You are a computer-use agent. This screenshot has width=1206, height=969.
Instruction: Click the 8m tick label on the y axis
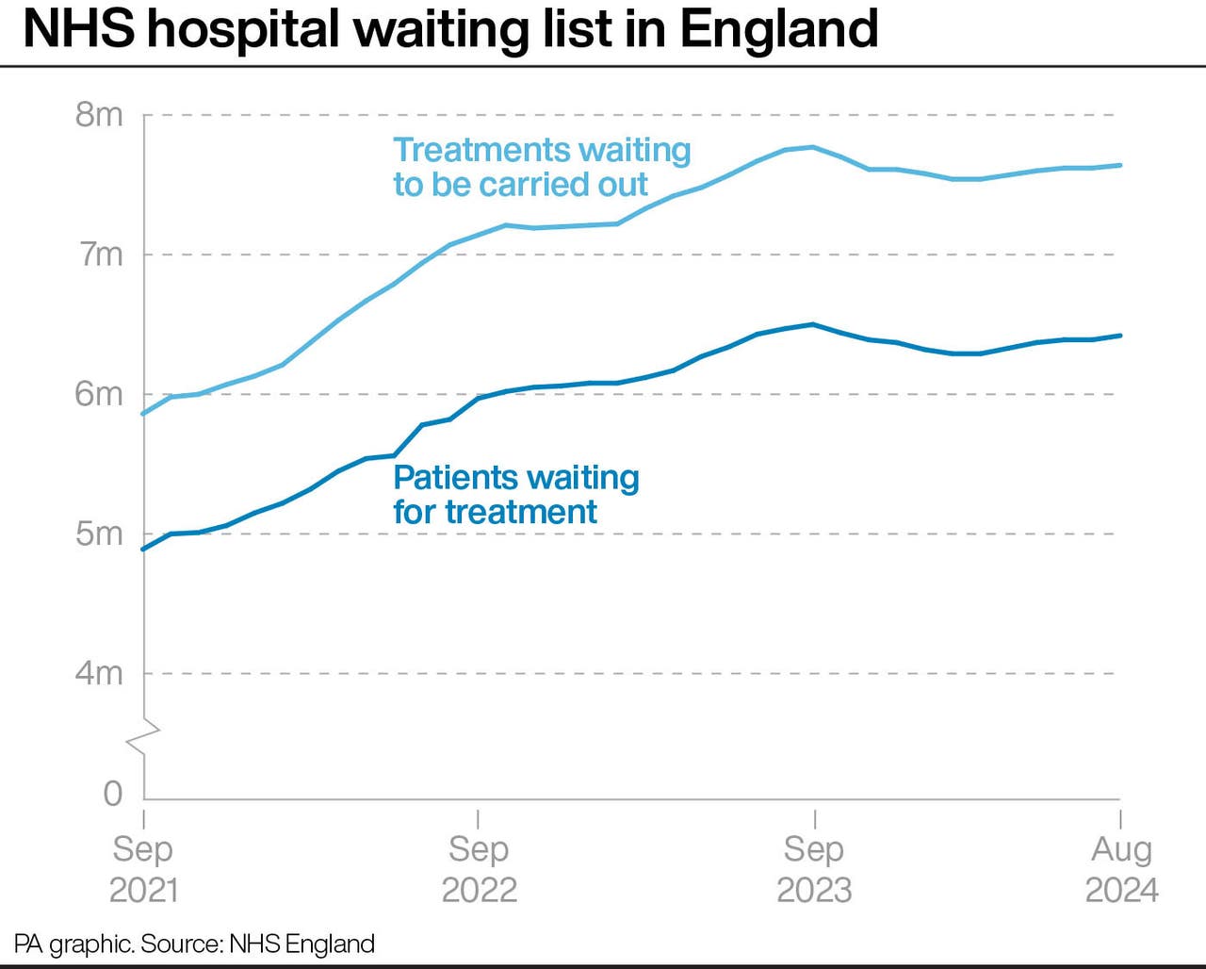point(99,114)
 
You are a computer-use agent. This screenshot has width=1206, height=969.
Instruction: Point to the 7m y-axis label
point(100,255)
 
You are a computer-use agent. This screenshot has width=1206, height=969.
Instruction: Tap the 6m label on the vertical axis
point(99,394)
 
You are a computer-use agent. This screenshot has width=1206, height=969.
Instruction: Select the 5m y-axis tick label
point(99,534)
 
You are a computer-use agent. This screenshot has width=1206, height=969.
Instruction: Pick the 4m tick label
point(99,673)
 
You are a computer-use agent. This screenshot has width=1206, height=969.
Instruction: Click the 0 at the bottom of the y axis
point(112,794)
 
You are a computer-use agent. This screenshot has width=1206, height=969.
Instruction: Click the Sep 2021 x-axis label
point(143,869)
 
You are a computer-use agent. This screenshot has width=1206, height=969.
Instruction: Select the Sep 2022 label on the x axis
point(479,869)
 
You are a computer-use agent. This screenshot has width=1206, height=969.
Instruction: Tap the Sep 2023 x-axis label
point(814,869)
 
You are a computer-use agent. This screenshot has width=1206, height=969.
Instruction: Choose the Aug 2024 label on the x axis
point(1121,869)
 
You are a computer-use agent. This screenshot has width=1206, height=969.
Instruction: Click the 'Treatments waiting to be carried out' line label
point(542,167)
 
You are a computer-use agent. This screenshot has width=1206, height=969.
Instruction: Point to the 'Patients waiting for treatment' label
point(515,495)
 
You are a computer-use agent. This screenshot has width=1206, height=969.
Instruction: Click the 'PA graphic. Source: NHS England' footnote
point(194,944)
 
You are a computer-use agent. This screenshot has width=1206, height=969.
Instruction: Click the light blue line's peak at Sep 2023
point(813,147)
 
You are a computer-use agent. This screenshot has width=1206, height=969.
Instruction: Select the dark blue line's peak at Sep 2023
point(813,324)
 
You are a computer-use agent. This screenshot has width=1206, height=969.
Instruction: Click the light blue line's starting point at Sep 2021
point(144,414)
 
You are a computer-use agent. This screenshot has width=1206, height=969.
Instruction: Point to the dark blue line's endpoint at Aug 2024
point(1119,336)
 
